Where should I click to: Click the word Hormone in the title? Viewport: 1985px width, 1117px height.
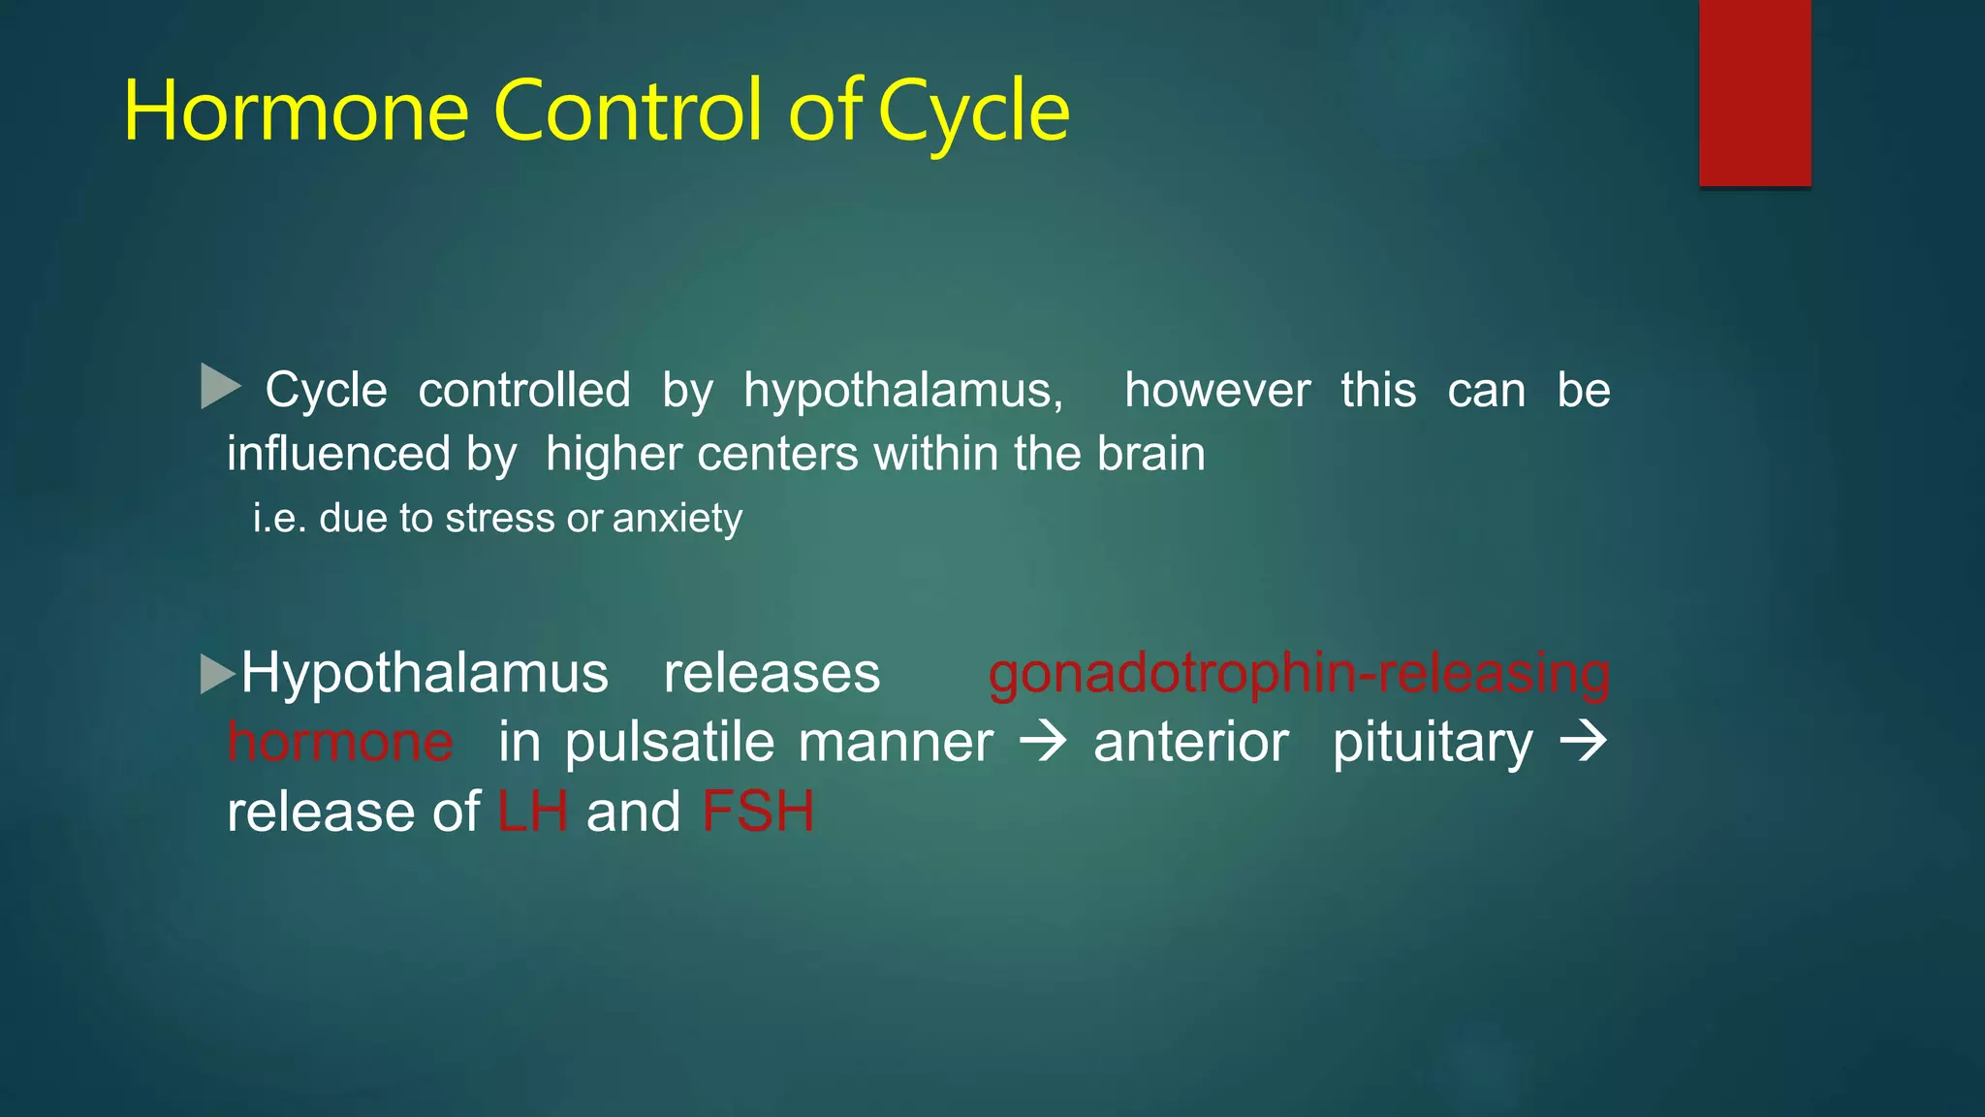click(x=297, y=112)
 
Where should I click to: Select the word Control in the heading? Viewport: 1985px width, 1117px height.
click(x=629, y=112)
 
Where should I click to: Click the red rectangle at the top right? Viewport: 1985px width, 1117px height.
click(x=1754, y=93)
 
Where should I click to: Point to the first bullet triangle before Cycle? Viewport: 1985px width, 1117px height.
click(x=219, y=386)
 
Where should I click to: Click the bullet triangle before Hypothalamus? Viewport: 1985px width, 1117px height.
click(x=217, y=674)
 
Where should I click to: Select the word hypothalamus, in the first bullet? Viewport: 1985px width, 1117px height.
click(x=903, y=392)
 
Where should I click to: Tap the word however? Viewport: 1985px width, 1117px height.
click(x=1217, y=390)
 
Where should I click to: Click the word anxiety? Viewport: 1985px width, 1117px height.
click(x=677, y=519)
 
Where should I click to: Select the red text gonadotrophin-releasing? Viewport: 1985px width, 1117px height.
click(x=1299, y=674)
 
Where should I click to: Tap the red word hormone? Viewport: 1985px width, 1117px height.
click(x=340, y=743)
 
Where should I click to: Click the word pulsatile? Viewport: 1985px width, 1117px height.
click(x=670, y=743)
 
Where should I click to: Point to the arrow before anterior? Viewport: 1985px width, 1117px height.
click(x=1044, y=743)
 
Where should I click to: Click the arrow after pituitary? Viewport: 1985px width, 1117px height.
click(x=1583, y=743)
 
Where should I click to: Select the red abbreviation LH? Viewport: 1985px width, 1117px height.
click(x=532, y=812)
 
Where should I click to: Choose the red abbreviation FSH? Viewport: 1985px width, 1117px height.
click(x=758, y=812)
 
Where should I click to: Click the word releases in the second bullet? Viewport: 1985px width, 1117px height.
click(x=772, y=674)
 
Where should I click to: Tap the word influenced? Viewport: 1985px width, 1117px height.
click(x=338, y=454)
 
